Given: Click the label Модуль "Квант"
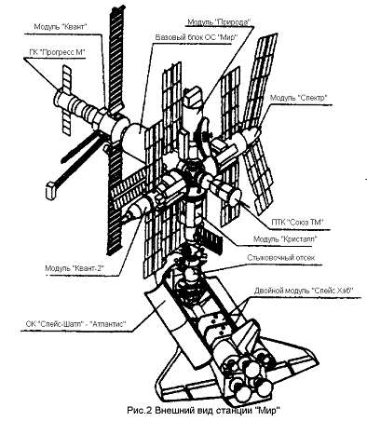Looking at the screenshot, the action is [60, 27].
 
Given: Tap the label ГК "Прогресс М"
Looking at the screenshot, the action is [57, 52].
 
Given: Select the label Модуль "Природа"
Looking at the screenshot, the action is [219, 22].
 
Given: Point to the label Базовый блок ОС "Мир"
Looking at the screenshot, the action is [197, 37].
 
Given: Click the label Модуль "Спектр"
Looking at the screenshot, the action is [299, 98].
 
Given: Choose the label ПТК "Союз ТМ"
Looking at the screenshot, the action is [297, 222].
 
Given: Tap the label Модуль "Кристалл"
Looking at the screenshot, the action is [286, 239].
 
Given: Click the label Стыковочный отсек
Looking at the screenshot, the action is [280, 258].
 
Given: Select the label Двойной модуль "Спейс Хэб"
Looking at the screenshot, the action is [305, 291].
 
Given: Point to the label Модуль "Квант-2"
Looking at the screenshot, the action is [75, 267].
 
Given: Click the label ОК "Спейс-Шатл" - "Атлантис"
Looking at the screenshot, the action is [75, 324].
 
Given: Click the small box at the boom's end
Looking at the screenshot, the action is [51, 191].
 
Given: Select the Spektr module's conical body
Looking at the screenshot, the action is [249, 139].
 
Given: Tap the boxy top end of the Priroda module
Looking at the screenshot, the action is [194, 96].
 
